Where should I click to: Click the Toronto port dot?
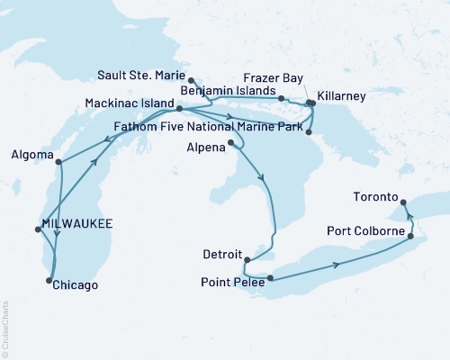point(403,202)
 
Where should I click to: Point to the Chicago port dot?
point(48,282)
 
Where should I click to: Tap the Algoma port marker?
point(58,163)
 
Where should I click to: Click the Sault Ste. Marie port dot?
point(191,80)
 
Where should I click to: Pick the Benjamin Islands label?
point(225,91)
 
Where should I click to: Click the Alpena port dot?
point(231,142)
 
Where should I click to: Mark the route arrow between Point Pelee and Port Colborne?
point(337,264)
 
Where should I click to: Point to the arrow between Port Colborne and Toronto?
point(407,216)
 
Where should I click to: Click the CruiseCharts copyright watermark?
point(5,324)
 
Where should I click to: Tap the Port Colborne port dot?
point(411,237)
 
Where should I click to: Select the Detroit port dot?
point(246,261)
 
